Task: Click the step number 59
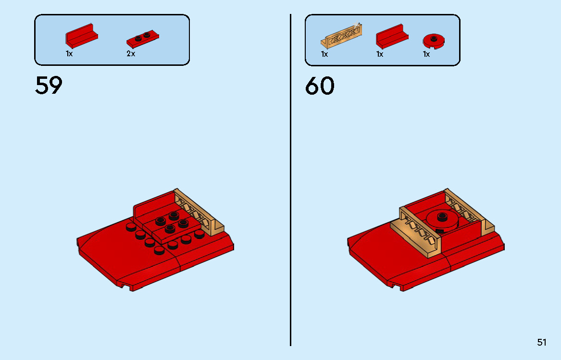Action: point(49,86)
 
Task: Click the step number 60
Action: point(320,87)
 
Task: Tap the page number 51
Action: point(542,342)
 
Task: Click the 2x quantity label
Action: point(131,54)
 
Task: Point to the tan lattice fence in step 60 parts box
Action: point(341,36)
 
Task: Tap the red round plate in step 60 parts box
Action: point(434,41)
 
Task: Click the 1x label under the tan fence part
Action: point(324,54)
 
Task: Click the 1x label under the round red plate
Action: point(426,54)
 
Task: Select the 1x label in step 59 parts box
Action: point(69,54)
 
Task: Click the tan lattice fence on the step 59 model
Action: point(198,211)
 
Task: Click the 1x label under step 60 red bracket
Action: point(380,54)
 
